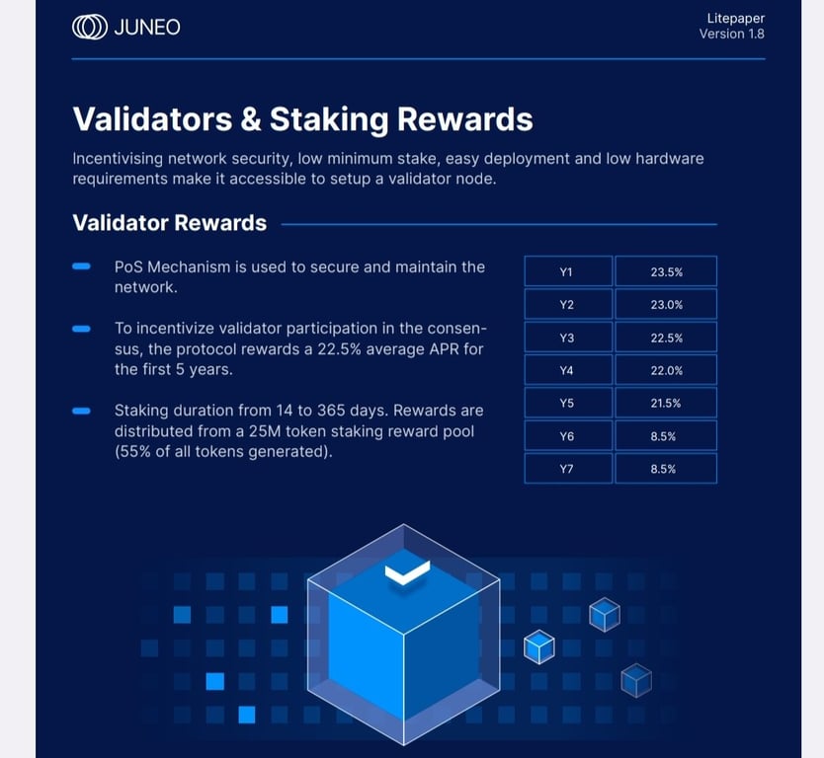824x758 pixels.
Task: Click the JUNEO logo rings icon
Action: (89, 28)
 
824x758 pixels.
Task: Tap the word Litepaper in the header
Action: (736, 19)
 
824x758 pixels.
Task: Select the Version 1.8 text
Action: (731, 35)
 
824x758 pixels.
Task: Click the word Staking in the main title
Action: (329, 119)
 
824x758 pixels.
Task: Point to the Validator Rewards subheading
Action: (169, 223)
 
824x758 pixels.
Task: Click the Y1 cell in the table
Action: (569, 271)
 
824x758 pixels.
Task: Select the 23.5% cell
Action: (666, 271)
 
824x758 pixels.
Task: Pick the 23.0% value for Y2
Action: (666, 304)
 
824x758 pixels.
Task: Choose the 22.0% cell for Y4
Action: (666, 370)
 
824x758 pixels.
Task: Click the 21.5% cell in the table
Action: (666, 403)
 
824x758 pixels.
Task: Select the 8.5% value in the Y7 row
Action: (663, 469)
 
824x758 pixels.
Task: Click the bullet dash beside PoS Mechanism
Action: (81, 266)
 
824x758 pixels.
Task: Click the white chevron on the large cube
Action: (407, 572)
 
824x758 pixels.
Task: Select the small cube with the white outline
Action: (539, 646)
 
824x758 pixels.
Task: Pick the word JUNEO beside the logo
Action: (147, 28)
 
